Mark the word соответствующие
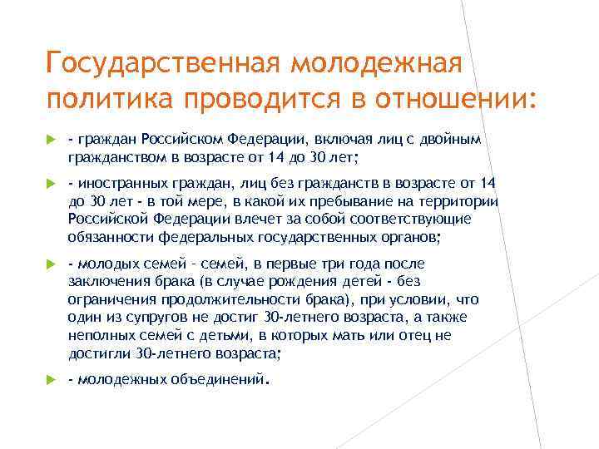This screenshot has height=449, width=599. pyautogui.click(x=403, y=219)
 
